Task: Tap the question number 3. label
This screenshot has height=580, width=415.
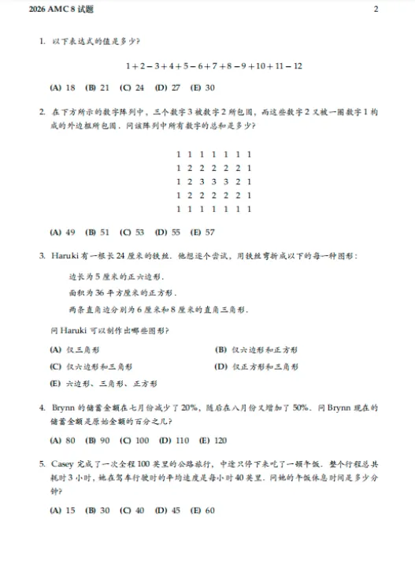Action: [x=42, y=256]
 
